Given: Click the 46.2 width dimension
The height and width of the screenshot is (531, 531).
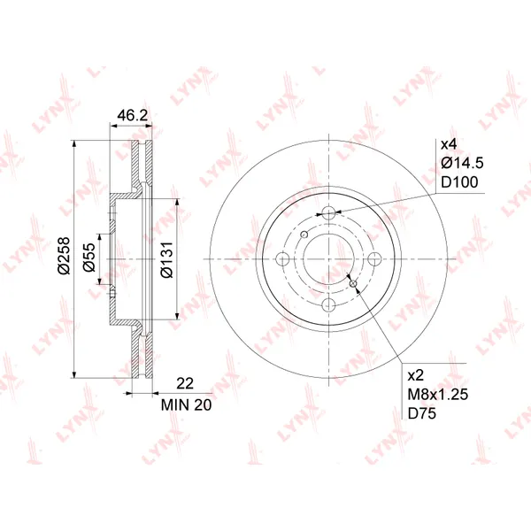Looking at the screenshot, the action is pos(132,115).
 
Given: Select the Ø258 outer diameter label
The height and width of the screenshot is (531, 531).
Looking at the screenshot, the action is pos(64,256).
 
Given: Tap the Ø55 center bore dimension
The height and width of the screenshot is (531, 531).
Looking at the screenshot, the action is pos(89,257).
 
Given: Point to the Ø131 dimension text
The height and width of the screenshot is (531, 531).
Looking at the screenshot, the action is pos(167,259).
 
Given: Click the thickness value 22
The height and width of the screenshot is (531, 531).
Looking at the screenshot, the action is pos(185,383).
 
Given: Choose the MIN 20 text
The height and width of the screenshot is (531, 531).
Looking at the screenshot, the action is pos(186,405).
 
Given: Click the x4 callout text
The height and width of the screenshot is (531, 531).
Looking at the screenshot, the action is pos(449,144).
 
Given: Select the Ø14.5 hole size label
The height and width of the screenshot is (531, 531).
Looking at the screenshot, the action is pos(462,163).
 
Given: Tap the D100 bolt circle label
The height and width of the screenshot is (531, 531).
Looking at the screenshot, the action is pos(459,182).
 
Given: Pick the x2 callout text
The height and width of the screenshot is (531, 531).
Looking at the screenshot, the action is pos(416,375).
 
